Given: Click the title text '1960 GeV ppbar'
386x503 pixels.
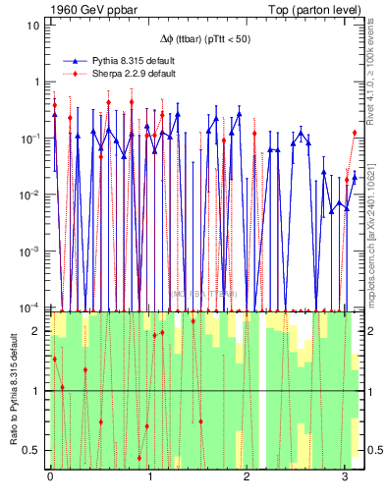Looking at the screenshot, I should tap(80, 9).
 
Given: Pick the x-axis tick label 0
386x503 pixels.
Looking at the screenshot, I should tap(50, 478).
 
